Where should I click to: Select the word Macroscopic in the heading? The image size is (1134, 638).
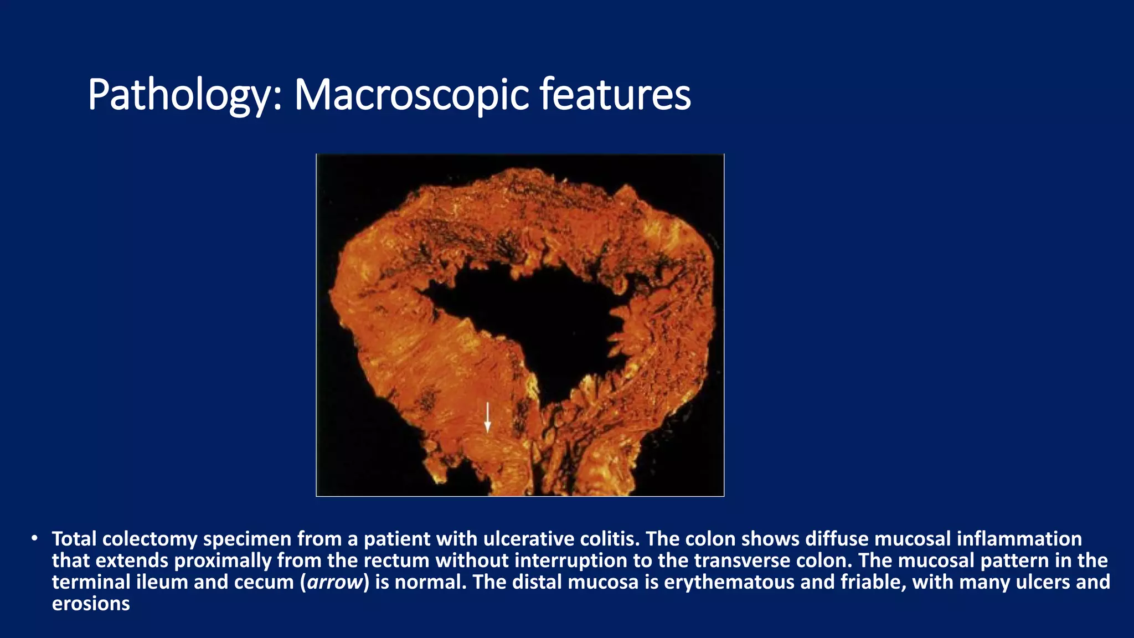pyautogui.click(x=411, y=95)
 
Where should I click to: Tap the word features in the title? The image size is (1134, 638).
pyautogui.click(x=615, y=95)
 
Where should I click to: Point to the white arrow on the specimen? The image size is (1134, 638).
pyautogui.click(x=487, y=417)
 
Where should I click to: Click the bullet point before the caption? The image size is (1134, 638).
pyautogui.click(x=34, y=538)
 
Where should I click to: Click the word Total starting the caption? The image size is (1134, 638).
pyautogui.click(x=74, y=539)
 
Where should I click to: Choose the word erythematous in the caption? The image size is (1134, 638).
pyautogui.click(x=720, y=582)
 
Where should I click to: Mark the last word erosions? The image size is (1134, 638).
pyautogui.click(x=91, y=604)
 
